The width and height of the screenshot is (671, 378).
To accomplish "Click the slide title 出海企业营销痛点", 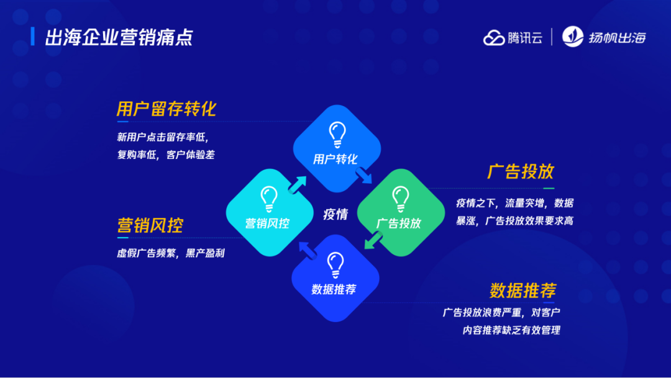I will pyautogui.click(x=119, y=37).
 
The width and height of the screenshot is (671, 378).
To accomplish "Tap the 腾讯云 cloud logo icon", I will pyautogui.click(x=495, y=37).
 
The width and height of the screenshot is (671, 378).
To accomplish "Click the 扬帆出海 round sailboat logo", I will pyautogui.click(x=572, y=37).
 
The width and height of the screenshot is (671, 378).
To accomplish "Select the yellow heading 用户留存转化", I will pyautogui.click(x=166, y=109).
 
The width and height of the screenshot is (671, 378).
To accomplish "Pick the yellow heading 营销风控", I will pyautogui.click(x=150, y=225).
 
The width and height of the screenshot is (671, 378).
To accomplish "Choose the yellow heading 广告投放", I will pyautogui.click(x=521, y=172).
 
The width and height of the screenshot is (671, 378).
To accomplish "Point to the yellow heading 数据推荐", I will pyautogui.click(x=523, y=290).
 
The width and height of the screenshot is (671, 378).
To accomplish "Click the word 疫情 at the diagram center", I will pyautogui.click(x=335, y=214).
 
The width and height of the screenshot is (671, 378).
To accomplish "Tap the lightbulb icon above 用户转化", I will pyautogui.click(x=337, y=134).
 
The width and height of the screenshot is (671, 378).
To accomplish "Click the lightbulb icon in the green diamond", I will pyautogui.click(x=400, y=199).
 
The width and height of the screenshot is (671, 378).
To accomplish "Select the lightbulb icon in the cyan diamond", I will pyautogui.click(x=268, y=199).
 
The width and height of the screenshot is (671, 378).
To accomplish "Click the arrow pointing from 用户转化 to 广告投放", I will pyautogui.click(x=364, y=178).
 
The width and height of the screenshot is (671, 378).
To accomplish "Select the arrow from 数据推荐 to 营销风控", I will pyautogui.click(x=306, y=250).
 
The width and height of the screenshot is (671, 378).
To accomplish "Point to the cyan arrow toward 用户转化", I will pyautogui.click(x=297, y=184).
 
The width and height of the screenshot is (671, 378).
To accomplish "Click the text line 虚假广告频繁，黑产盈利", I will pyautogui.click(x=171, y=253).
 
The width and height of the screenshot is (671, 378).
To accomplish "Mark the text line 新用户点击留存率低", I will pyautogui.click(x=167, y=137).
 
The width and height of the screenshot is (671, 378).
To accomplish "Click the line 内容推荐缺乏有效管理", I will pyautogui.click(x=511, y=330).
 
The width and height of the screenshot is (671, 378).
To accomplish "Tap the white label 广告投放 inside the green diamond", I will pyautogui.click(x=399, y=223).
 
